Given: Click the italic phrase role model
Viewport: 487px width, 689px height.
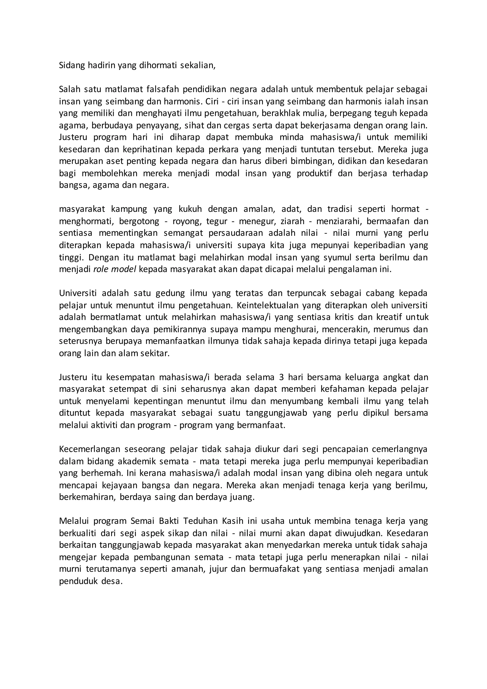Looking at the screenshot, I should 115,269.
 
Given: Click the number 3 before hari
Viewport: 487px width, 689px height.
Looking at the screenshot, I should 281,377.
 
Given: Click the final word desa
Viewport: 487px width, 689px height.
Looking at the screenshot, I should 112,581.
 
